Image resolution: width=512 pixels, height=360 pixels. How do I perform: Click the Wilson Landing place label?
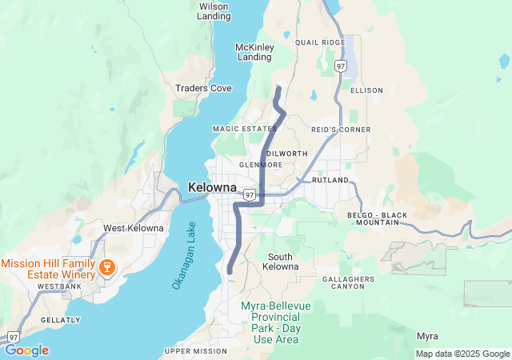click(213, 11)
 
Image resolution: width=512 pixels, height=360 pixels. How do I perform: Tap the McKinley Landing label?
click(254, 52)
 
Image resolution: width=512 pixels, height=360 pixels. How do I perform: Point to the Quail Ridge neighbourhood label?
click(319, 42)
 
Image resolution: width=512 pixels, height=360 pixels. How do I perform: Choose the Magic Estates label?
click(244, 129)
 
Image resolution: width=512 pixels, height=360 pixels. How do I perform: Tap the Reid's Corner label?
click(341, 129)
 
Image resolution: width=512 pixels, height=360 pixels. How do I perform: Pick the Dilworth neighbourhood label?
click(286, 153)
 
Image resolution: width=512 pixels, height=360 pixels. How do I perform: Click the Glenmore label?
click(261, 165)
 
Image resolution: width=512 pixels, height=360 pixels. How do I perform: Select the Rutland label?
click(330, 181)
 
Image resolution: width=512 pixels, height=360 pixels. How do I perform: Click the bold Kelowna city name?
click(212, 187)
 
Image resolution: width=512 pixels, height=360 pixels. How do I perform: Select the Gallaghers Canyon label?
click(348, 282)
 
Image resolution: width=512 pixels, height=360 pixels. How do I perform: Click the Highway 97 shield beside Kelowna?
click(250, 194)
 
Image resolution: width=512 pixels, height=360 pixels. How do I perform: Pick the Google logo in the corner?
click(26, 350)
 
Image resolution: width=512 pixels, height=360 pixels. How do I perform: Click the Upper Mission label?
click(196, 351)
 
